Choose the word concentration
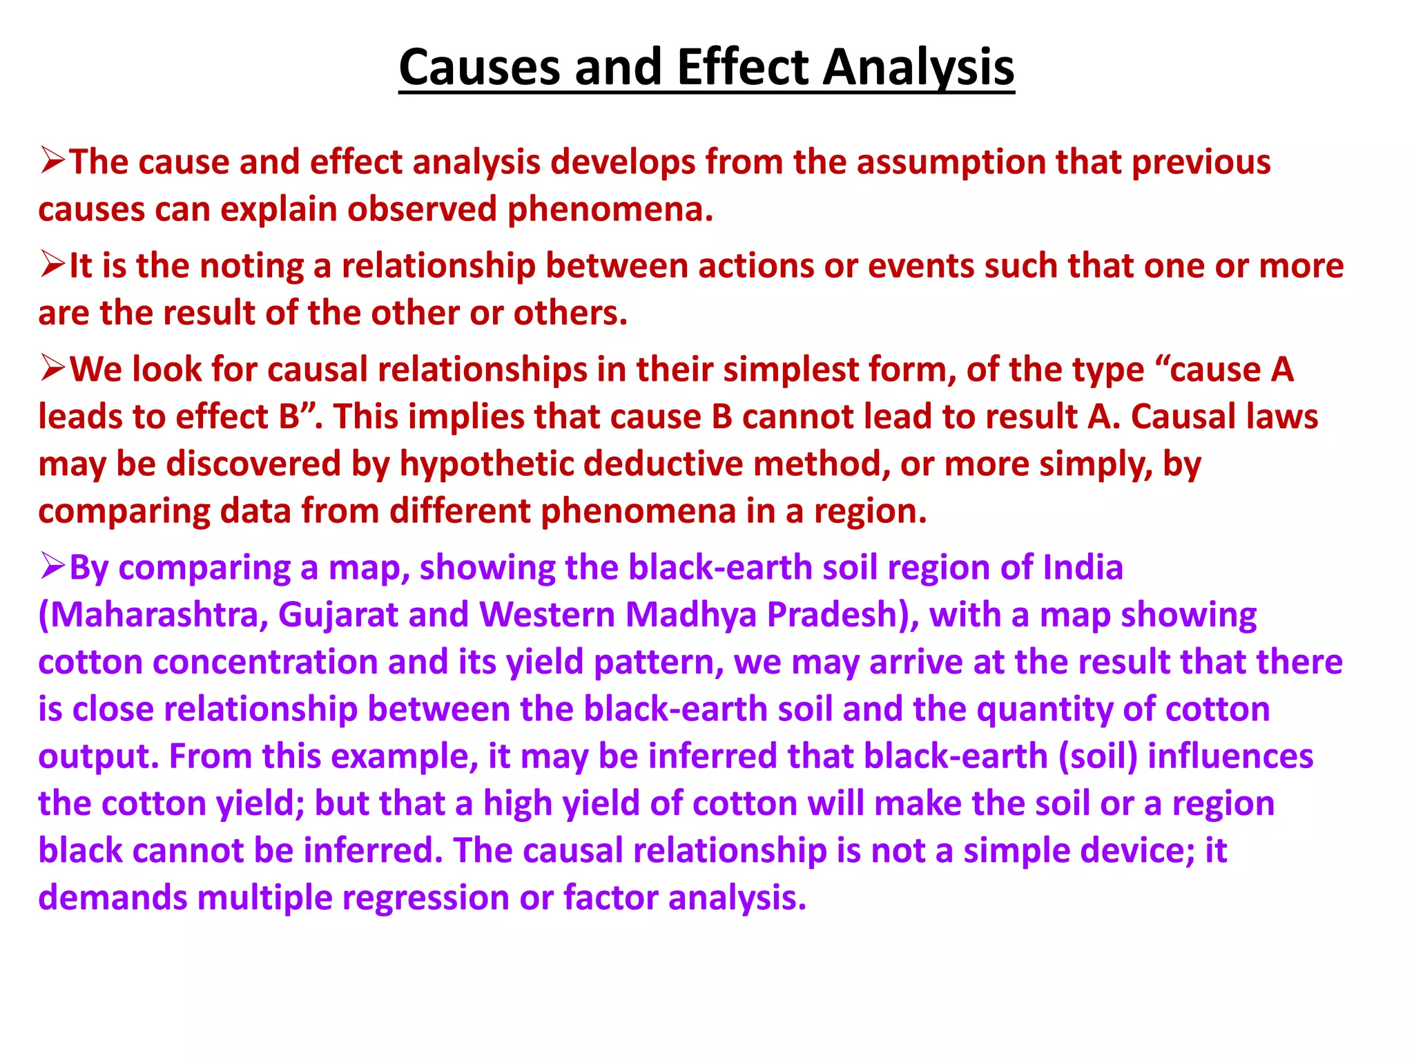click(x=264, y=662)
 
